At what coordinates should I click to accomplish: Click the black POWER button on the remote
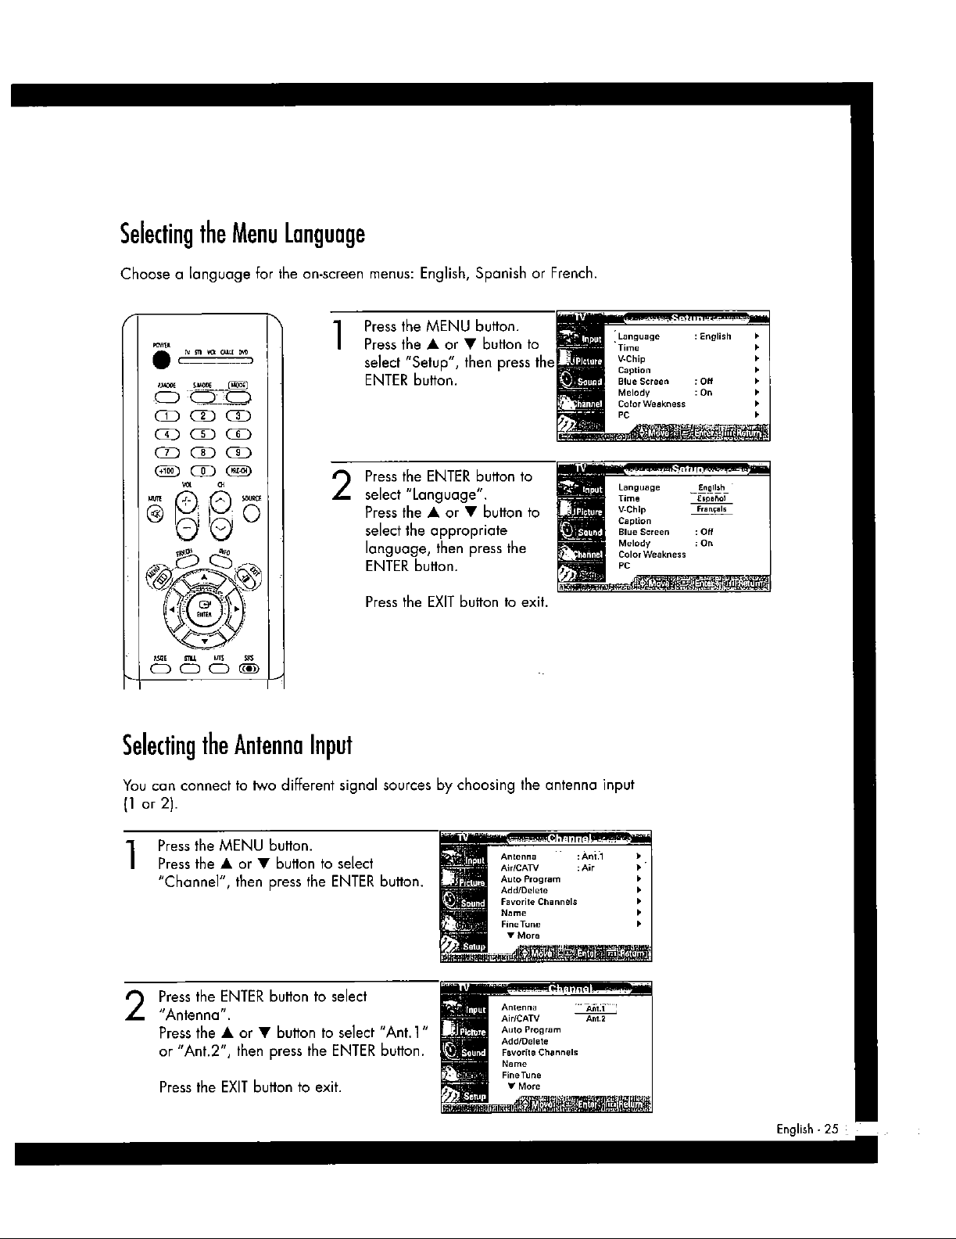click(x=163, y=359)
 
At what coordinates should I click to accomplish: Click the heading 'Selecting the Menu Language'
click(x=242, y=234)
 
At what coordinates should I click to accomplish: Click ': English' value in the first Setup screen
click(x=712, y=337)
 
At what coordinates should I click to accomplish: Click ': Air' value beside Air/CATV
click(x=585, y=867)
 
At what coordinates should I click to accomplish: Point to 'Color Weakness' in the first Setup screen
click(x=651, y=404)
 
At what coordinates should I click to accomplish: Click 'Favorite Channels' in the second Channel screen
click(x=539, y=1053)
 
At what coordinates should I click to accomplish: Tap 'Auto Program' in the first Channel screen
click(x=531, y=879)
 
